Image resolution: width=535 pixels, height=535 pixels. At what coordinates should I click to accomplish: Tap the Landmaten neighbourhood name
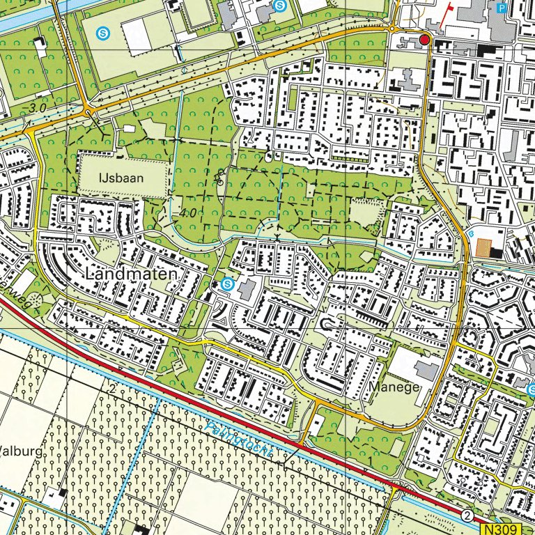(132, 275)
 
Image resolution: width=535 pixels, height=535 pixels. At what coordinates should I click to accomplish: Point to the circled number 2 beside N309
(467, 515)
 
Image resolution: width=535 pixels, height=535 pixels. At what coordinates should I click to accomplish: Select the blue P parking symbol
(502, 8)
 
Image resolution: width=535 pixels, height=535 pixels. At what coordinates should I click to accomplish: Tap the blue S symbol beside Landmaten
(227, 284)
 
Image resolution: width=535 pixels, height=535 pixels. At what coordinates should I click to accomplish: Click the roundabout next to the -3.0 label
(87, 111)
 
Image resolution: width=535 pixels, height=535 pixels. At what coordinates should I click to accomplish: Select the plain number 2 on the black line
(111, 387)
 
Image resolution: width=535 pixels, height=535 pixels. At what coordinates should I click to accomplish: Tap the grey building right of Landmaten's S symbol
(247, 288)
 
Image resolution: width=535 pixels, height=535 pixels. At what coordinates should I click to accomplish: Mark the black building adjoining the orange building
(495, 252)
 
